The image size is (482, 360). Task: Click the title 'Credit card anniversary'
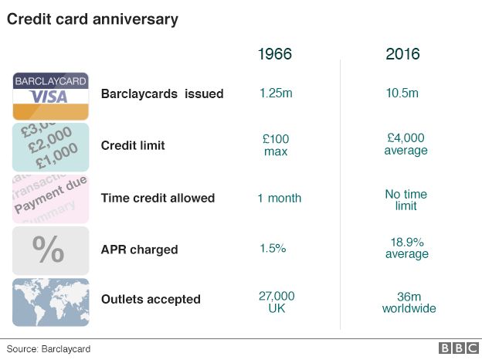pos(93,19)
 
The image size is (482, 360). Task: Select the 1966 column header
pos(274,54)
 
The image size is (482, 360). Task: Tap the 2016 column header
pos(402,54)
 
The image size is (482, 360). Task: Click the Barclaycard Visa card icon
pos(50,96)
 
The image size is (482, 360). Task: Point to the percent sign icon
pos(50,250)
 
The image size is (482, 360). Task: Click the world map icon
pos(50,301)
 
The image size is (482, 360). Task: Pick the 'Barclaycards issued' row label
pos(162,94)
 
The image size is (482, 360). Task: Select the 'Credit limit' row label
pos(133,146)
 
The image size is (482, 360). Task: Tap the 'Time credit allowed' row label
pos(158,198)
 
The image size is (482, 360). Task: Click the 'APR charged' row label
pos(139,250)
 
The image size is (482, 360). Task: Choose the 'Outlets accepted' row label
pos(151,300)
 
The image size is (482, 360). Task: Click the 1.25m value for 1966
pos(275,93)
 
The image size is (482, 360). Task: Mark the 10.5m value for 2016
pos(402,93)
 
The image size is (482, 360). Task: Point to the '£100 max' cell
pos(275,145)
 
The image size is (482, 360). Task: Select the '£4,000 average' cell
pos(405,144)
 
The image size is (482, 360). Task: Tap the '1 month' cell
pos(279,198)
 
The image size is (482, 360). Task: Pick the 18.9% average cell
pos(406,248)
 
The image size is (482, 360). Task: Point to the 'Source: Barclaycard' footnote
pos(49,349)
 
